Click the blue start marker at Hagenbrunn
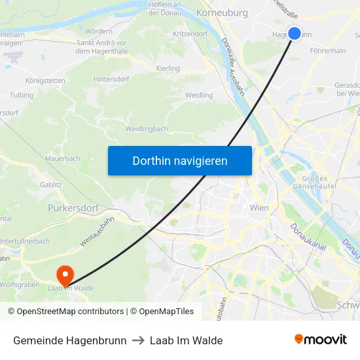point(294,33)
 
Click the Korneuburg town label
point(222,12)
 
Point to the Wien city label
point(259,207)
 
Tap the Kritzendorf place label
point(190,33)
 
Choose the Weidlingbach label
point(147,129)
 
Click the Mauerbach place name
point(62,158)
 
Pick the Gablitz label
point(50,185)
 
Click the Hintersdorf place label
point(111,79)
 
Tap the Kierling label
point(168,68)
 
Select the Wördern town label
point(98,31)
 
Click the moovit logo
point(321,340)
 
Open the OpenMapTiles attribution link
point(162,312)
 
